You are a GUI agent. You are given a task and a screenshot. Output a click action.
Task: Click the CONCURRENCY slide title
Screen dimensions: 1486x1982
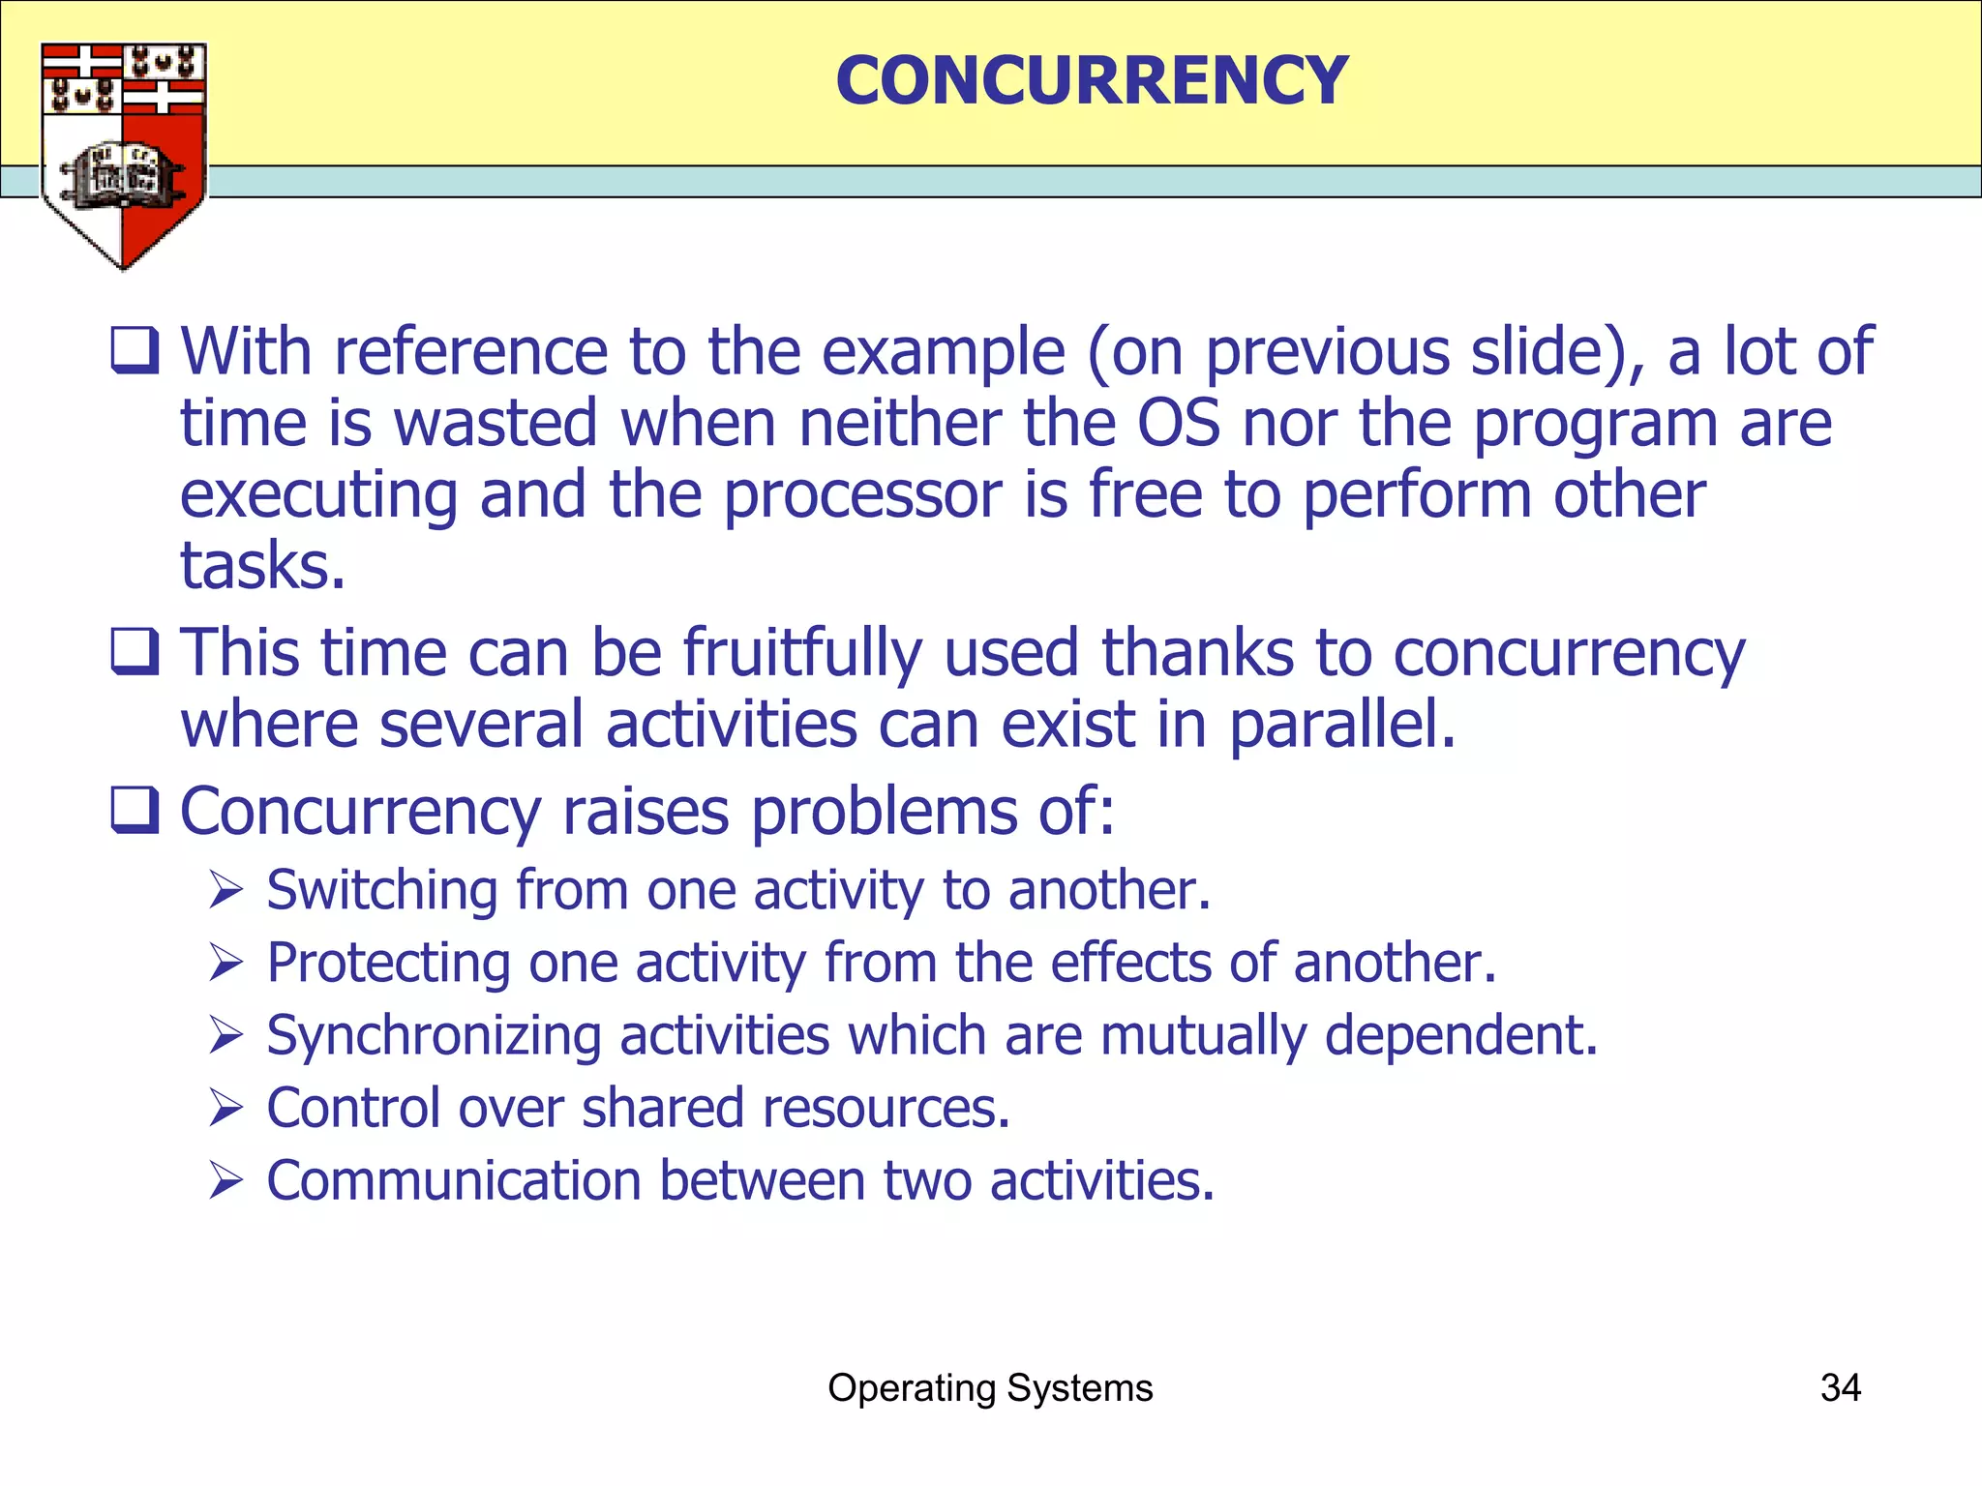[x=1092, y=80]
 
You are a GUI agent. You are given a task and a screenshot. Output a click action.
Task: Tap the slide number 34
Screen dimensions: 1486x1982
[x=1840, y=1387]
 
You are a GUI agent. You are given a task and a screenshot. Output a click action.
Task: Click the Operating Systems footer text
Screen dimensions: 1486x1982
[x=990, y=1387]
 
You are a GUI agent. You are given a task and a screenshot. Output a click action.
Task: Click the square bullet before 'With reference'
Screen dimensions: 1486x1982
[x=135, y=350]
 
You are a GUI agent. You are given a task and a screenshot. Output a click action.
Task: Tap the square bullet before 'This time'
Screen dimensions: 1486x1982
[x=135, y=651]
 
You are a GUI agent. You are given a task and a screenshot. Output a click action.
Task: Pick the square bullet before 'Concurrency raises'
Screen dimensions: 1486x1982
[x=135, y=810]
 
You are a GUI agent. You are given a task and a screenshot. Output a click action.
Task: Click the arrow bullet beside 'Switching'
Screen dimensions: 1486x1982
[x=225, y=890]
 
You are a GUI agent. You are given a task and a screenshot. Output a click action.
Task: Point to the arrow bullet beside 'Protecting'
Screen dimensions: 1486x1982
[x=225, y=963]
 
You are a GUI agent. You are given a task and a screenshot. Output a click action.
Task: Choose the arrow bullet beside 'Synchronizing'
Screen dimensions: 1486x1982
[x=225, y=1035]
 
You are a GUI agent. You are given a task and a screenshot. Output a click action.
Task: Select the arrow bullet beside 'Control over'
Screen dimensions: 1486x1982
[x=225, y=1108]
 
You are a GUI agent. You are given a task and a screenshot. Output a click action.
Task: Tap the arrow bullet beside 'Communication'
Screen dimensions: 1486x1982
[x=225, y=1181]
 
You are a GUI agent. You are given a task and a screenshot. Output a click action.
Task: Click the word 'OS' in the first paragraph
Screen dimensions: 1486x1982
[x=1178, y=424]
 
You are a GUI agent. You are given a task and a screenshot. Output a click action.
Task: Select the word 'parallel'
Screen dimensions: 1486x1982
[x=1341, y=725]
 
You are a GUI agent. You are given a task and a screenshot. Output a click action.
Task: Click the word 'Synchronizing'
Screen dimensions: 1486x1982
[x=433, y=1036]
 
